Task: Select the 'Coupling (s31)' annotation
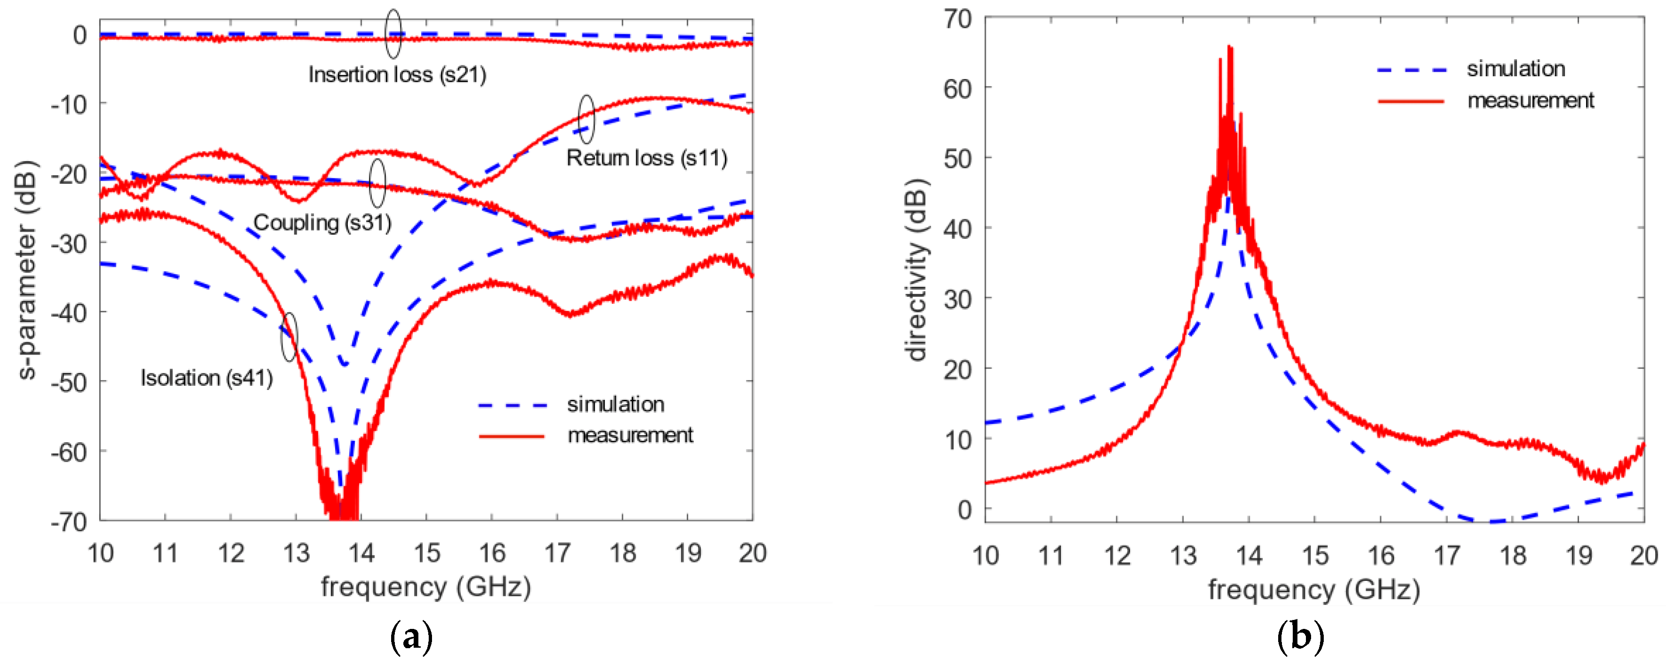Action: coord(322,222)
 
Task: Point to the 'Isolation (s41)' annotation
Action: coord(206,378)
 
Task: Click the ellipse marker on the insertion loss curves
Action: coord(393,34)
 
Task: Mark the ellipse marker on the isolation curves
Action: coord(289,337)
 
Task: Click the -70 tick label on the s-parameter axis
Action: coord(69,522)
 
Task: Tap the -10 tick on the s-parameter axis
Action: coord(69,104)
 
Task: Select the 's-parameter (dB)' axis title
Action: coord(27,270)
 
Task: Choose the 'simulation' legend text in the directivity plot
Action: coord(1515,69)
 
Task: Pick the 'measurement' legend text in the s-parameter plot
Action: coord(630,436)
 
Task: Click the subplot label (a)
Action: coord(411,638)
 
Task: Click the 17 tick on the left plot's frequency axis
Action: coord(557,554)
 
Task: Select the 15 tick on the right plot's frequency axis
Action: coord(1315,556)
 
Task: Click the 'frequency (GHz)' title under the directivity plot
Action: coord(1313,590)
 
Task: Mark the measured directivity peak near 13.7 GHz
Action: coord(1229,47)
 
